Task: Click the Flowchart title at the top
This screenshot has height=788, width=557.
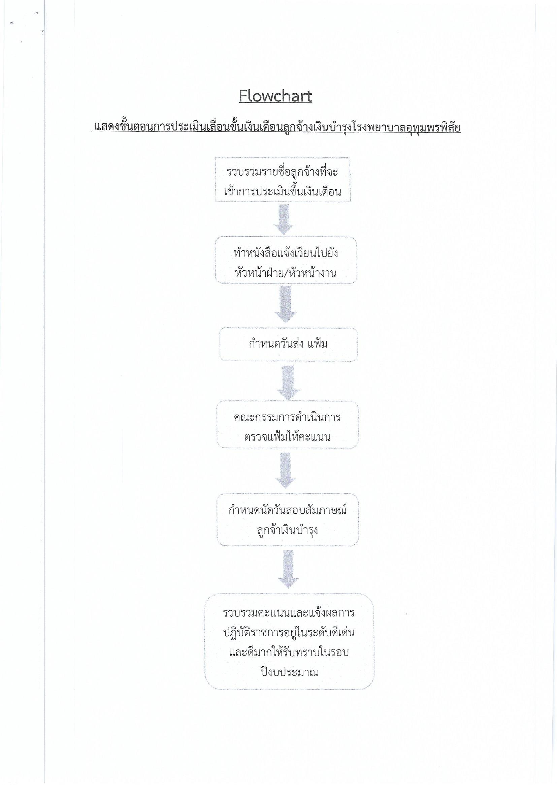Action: [x=275, y=96]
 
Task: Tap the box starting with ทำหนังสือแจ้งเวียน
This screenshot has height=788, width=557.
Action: [x=286, y=260]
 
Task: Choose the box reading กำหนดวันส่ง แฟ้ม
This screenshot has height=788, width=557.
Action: [x=288, y=344]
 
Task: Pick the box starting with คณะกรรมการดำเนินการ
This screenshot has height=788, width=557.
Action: [x=287, y=425]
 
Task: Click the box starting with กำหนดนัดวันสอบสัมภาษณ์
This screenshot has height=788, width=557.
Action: [x=287, y=520]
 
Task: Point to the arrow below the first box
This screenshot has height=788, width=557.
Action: [x=284, y=219]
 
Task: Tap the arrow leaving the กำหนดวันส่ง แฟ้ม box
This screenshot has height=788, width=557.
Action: [x=288, y=381]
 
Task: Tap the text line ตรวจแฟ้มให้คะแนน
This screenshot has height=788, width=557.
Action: [x=287, y=437]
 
